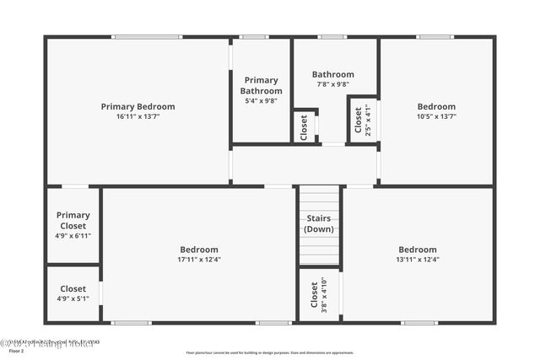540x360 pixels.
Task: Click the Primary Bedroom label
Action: (x=138, y=106)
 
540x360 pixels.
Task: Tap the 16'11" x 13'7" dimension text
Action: (x=138, y=116)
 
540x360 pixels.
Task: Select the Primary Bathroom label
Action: (x=261, y=85)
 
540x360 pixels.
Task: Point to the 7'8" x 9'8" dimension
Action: (x=332, y=84)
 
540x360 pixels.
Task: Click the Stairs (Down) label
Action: (x=319, y=223)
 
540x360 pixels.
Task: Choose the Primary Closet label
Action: (x=73, y=220)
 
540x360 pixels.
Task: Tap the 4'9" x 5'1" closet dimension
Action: (x=73, y=298)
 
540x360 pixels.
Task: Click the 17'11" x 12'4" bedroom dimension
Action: (x=199, y=260)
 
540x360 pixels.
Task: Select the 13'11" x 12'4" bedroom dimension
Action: (x=418, y=260)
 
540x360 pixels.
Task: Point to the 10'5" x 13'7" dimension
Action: (x=436, y=116)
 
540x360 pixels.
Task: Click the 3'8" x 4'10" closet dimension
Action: (x=324, y=293)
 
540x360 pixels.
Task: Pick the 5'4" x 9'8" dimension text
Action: (x=261, y=101)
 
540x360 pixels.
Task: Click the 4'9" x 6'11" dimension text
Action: (x=73, y=235)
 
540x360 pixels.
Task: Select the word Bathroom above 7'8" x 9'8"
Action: (x=332, y=74)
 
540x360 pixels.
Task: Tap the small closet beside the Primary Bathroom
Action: (x=305, y=126)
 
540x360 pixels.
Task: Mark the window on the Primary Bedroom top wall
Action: (x=147, y=36)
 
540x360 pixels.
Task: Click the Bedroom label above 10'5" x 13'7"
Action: (x=436, y=106)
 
